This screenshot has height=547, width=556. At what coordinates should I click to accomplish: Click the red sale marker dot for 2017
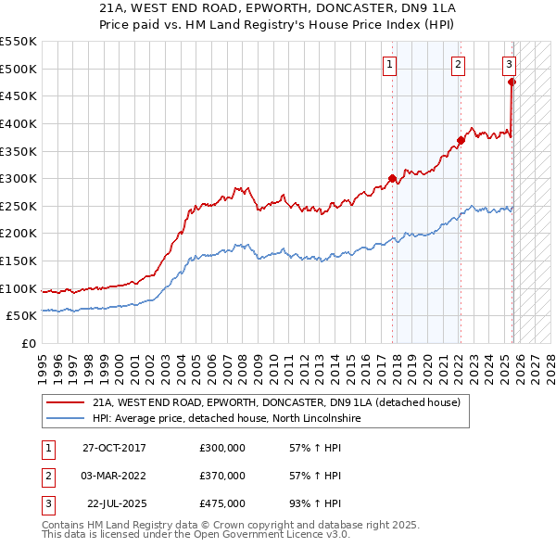pyautogui.click(x=392, y=178)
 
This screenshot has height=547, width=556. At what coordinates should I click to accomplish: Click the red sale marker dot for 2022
pyautogui.click(x=460, y=140)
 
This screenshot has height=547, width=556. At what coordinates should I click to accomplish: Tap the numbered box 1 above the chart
pyautogui.click(x=390, y=64)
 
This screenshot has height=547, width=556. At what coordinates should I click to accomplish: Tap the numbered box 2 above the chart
pyautogui.click(x=459, y=64)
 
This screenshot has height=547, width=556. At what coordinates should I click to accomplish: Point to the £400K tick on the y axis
pyautogui.click(x=19, y=123)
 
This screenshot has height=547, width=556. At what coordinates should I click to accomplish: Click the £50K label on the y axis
pyautogui.click(x=22, y=316)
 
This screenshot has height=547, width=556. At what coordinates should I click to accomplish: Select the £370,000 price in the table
pyautogui.click(x=222, y=476)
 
